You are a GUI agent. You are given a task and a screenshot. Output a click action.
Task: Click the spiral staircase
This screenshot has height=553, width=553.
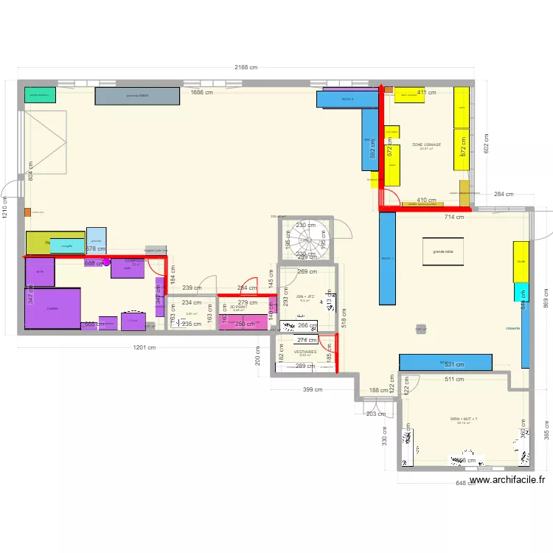306,240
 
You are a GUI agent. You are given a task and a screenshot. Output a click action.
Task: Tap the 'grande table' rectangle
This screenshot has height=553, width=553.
442,251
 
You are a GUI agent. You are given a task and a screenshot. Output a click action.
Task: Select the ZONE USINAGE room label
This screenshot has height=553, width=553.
426,145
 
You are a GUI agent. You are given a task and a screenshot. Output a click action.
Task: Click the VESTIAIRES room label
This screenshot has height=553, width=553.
305,352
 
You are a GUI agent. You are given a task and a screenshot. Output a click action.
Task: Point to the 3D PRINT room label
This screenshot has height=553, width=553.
239,307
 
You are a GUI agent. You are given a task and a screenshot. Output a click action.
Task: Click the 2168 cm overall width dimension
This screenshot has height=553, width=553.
246,67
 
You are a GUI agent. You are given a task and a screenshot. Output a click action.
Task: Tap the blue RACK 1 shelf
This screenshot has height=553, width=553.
387,258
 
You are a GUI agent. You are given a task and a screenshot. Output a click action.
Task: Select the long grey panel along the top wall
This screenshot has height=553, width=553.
137,96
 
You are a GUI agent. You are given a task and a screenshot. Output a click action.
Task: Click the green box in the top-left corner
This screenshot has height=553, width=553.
41,95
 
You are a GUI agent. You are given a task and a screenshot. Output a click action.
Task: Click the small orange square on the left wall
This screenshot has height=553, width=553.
27,212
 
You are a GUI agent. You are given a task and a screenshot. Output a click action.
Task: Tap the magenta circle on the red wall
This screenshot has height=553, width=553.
106,261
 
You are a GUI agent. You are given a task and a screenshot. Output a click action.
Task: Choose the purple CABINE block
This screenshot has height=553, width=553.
52,308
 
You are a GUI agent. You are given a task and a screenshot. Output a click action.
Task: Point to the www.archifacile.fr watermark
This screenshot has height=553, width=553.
507,480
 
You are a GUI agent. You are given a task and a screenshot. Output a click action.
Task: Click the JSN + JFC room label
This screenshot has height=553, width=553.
305,297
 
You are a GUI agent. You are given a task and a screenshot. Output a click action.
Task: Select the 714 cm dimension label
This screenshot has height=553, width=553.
454,217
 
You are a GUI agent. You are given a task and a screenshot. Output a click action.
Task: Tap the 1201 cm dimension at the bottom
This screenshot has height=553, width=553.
143,347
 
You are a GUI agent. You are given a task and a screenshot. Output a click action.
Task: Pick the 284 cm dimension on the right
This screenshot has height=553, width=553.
504,194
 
